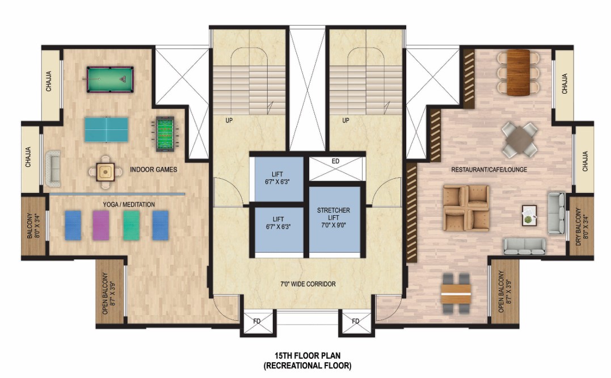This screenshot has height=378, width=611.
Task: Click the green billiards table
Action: [110, 79]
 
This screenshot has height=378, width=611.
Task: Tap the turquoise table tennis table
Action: [107, 130]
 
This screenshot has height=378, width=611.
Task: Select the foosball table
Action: [166, 134]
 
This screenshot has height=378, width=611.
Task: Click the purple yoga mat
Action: [101, 225]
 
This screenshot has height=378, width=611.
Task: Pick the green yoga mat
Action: [132, 225]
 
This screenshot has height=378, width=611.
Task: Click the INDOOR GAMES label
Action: [154, 170]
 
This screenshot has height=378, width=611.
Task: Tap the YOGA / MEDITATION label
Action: [129, 204]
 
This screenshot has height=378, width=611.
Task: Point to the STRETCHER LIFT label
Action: [334, 214]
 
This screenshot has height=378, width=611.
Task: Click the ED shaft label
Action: [335, 161]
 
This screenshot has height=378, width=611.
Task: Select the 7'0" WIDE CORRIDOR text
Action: [308, 284]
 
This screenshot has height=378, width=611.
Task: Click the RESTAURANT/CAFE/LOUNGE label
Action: [489, 170]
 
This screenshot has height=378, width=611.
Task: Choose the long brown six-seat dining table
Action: [519, 73]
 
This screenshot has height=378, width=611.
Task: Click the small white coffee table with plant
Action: [529, 216]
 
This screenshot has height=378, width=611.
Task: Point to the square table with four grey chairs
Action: [520, 139]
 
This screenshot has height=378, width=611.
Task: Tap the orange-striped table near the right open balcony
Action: [456, 294]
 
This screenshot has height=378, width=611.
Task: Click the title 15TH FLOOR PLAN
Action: [307, 355]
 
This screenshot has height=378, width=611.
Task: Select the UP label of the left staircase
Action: [229, 120]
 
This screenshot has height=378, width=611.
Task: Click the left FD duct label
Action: [257, 321]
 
